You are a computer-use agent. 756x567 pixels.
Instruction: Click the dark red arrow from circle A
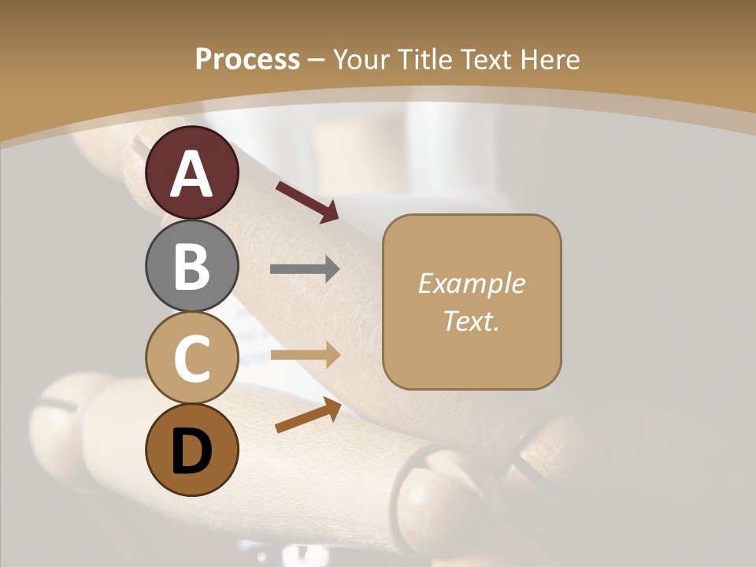click(x=307, y=201)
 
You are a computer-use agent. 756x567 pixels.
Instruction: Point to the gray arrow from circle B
click(x=305, y=269)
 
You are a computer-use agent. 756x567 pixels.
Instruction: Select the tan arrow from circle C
click(x=305, y=354)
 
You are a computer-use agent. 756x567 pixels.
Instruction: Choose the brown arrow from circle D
click(x=308, y=415)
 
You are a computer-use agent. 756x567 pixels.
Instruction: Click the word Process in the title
click(x=247, y=59)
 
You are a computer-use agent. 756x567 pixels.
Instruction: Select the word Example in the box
click(x=471, y=283)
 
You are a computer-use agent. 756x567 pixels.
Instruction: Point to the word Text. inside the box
click(x=471, y=321)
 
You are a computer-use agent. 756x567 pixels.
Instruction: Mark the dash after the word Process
click(x=317, y=61)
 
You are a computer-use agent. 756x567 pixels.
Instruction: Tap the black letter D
click(x=191, y=450)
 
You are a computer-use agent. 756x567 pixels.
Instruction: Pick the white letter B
click(x=191, y=266)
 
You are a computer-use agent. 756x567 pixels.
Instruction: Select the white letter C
click(x=191, y=358)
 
